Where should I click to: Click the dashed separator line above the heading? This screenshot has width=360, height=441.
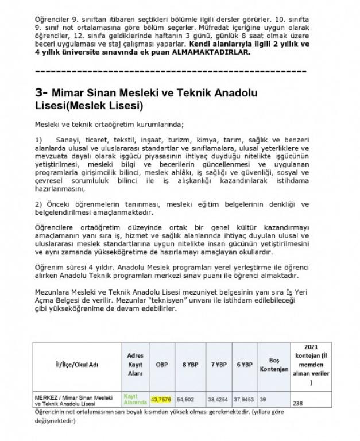[171, 72]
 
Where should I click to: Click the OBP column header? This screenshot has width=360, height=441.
[162, 365]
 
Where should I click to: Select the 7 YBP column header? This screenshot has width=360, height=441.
[218, 365]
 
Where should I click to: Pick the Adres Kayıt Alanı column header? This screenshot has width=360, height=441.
[135, 364]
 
